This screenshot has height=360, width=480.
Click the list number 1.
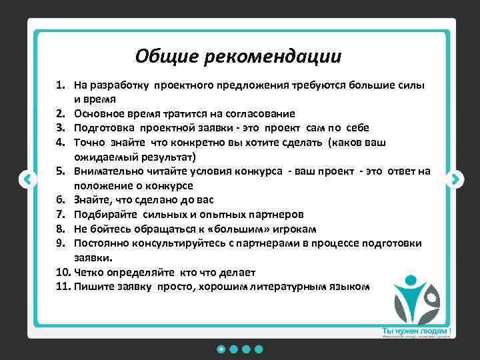tap(60, 86)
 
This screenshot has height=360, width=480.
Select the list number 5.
tap(60, 171)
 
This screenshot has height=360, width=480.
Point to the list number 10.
tap(63, 272)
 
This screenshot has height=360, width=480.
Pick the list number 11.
tap(63, 287)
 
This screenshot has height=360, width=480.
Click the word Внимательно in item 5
tap(109, 171)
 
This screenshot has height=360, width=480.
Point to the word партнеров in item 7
tap(274, 215)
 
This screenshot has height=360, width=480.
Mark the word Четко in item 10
tap(88, 272)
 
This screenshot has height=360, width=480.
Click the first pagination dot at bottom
tap(220, 349)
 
